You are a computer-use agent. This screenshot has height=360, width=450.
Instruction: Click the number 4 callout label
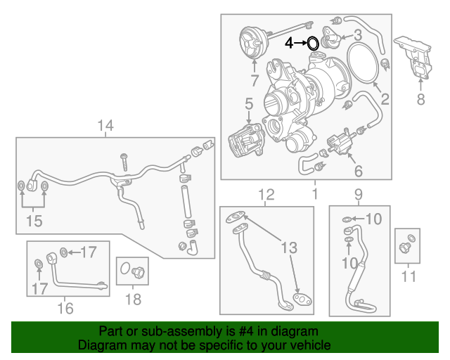(288, 44)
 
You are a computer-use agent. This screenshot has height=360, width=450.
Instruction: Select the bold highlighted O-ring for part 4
(313, 44)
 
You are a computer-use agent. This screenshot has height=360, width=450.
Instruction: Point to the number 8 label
(421, 100)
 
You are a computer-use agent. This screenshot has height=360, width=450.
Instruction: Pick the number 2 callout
(385, 100)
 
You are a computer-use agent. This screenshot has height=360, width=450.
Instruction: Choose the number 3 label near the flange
(358, 34)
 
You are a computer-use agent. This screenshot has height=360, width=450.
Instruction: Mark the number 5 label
(249, 105)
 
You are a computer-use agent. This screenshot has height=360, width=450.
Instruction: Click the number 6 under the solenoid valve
(358, 171)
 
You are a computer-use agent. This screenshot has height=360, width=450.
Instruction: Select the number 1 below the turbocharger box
(315, 193)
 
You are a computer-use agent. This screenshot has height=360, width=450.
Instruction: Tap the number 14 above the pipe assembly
(105, 127)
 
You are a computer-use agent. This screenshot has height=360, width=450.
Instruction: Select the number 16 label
(65, 308)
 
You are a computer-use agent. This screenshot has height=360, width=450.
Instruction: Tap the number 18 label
(132, 300)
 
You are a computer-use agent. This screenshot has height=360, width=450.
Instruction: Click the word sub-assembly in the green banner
(174, 331)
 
